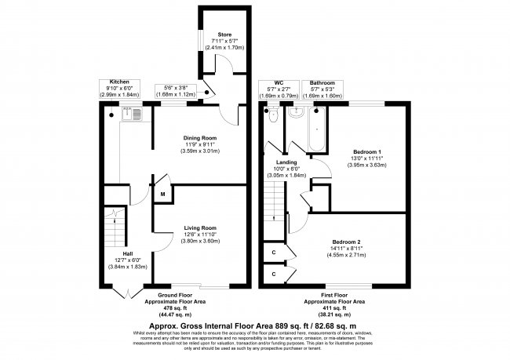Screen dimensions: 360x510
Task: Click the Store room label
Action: click(225, 35)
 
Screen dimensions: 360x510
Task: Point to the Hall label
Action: click(116, 253)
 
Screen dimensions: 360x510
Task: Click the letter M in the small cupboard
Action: click(162, 193)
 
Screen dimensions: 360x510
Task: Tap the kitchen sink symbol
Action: click(135, 116)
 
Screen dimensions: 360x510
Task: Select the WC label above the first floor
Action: click(279, 82)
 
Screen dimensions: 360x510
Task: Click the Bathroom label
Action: click(322, 82)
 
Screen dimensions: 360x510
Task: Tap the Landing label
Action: click(286, 162)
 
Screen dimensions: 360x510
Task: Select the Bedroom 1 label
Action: click(367, 151)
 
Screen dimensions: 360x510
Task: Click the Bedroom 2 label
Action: click(345, 241)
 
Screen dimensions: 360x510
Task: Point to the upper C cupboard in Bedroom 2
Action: click(273, 253)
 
